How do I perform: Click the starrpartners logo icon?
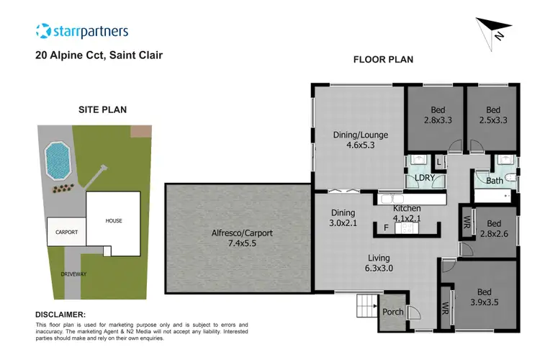pos(44,31)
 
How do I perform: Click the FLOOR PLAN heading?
pos(383,60)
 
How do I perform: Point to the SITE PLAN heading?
pos(102,110)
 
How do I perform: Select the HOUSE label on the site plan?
pos(114,220)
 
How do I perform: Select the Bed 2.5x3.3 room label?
pos(492,115)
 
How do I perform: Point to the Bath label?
pos(494,181)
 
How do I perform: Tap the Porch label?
pos(392,312)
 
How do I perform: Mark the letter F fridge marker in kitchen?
pos(386,228)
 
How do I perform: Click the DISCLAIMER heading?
pos(60,315)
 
